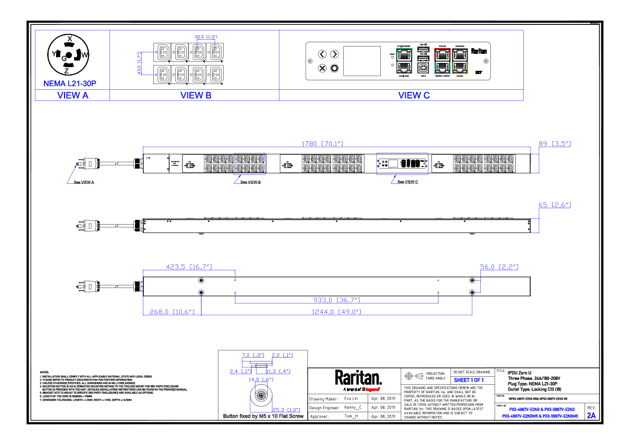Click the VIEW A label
pyautogui.click(x=72, y=96)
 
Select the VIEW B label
pyautogui.click(x=196, y=96)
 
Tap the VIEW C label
pyautogui.click(x=414, y=96)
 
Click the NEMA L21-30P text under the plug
pyautogui.click(x=69, y=84)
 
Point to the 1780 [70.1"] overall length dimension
pyautogui.click(x=322, y=143)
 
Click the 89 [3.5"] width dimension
pyautogui.click(x=554, y=143)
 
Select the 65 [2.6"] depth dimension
pyautogui.click(x=554, y=205)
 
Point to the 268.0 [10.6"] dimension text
pyautogui.click(x=172, y=312)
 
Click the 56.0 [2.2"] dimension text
pyautogui.click(x=499, y=267)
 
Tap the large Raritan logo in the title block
pyautogui.click(x=358, y=378)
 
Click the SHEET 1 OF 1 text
pyautogui.click(x=469, y=381)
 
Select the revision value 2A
pyautogui.click(x=591, y=415)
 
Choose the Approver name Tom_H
pyautogui.click(x=351, y=416)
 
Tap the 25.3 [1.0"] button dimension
pyautogui.click(x=286, y=410)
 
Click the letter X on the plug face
pyautogui.click(x=69, y=38)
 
